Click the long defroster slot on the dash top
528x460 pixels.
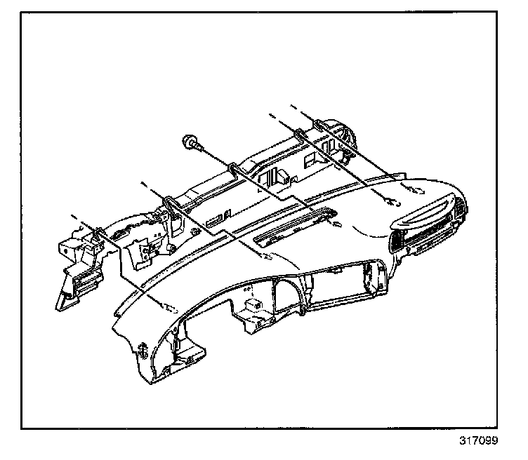coord(291,228)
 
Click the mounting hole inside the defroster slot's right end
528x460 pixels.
coord(336,225)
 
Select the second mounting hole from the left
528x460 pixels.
coord(265,257)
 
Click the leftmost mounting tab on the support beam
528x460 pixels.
coord(98,232)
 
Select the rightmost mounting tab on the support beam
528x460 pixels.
coord(319,126)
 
